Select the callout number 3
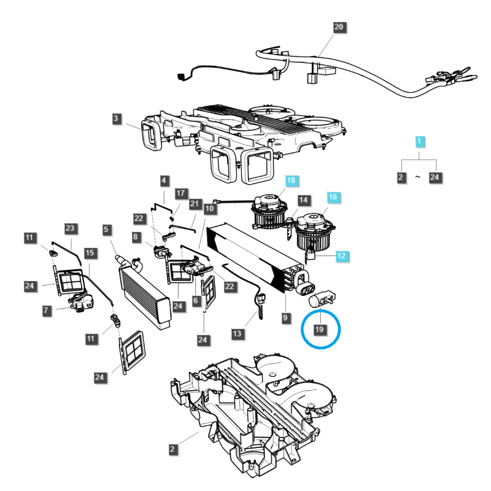117,118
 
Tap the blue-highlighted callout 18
291,180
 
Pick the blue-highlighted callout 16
333,197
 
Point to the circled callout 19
320,330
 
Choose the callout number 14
302,201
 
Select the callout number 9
285,318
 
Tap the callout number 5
107,230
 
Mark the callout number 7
47,311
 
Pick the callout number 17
180,193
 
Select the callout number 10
209,209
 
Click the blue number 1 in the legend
419,142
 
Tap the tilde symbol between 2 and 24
418,177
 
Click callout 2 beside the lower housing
174,450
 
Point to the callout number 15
90,252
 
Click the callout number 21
195,203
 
